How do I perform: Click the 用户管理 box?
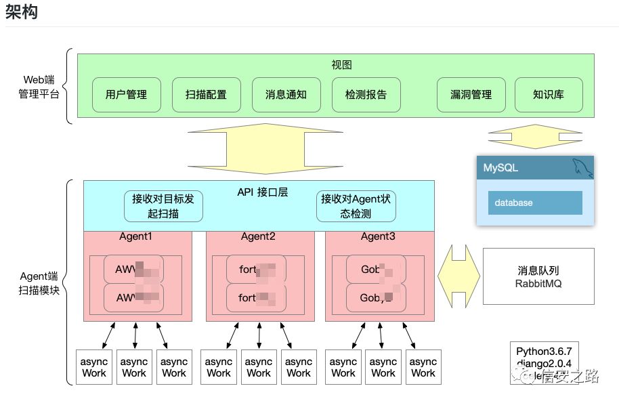point(126,95)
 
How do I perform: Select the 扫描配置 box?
point(206,95)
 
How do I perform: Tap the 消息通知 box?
point(286,95)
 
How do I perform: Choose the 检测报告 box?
point(366,95)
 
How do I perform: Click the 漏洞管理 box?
point(471,95)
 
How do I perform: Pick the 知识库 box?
point(549,95)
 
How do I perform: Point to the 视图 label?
point(341,66)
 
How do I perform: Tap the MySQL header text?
point(500,167)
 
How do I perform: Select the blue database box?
point(534,203)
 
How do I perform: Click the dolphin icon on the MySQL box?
point(580,167)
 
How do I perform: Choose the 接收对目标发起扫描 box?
point(163,206)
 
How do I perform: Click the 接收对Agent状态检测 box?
point(356,206)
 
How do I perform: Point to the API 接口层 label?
point(262,192)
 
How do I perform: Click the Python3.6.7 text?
point(544,352)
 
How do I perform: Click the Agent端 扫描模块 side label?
point(39,282)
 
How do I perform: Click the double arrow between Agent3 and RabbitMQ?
point(458,276)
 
